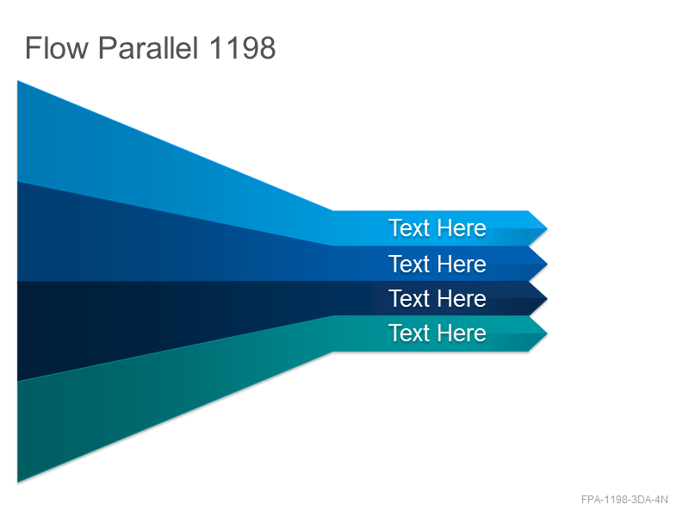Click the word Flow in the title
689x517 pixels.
tap(57, 47)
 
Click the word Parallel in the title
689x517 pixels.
tap(148, 47)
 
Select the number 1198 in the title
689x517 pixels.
tap(242, 47)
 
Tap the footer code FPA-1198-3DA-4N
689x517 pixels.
tap(624, 500)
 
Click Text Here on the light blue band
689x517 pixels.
tap(438, 227)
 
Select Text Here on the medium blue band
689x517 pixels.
tap(438, 264)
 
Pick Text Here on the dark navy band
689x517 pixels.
tap(438, 298)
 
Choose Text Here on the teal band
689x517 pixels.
tap(438, 333)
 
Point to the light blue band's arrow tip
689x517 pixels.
tap(547, 228)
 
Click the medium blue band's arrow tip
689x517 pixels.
tap(547, 264)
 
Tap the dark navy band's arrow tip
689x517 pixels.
tap(547, 298)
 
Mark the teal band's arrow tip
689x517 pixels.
tap(547, 333)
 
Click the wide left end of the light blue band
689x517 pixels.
tap(18, 131)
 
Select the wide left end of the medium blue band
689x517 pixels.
tap(18, 231)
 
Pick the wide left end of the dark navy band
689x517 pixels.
tap(18, 331)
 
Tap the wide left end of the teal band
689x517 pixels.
tap(18, 432)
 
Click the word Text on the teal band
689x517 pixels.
tap(409, 333)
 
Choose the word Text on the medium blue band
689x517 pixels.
tap(409, 264)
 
